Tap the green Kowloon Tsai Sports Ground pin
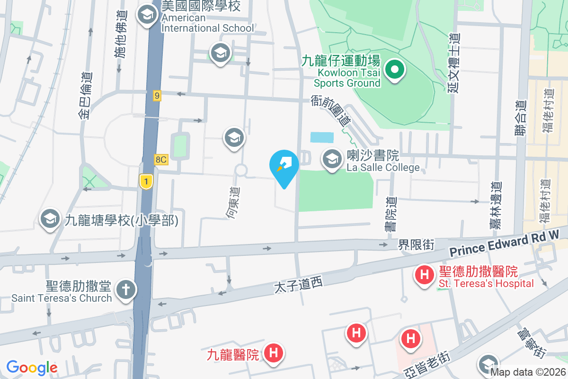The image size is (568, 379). coord(394,71)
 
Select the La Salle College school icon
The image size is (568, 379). coord(333,159)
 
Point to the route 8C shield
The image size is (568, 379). coord(161,160)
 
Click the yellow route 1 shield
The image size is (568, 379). coord(146,181)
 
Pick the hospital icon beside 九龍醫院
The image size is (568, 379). coord(273,353)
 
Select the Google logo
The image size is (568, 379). coord(32,368)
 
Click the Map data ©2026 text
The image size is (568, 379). coord(528,372)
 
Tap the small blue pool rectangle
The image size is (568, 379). coord(322,137)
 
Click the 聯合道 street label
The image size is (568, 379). coord(521,118)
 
